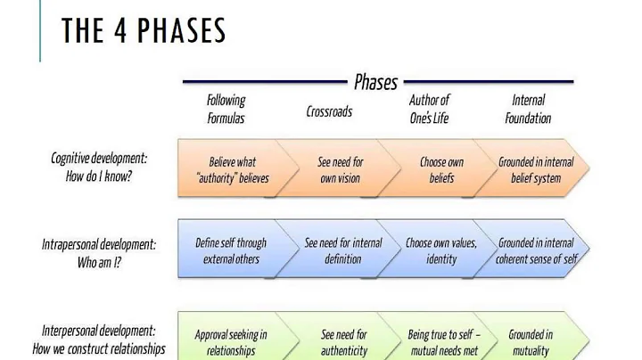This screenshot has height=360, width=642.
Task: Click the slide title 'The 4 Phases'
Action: (x=144, y=31)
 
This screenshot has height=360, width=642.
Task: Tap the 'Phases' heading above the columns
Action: (x=375, y=83)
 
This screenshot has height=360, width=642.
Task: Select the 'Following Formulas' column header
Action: (x=226, y=109)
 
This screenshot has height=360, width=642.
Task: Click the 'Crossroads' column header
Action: (x=329, y=111)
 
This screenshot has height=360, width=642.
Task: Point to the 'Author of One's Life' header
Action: (x=429, y=109)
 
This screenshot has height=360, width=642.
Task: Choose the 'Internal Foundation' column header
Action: (x=528, y=109)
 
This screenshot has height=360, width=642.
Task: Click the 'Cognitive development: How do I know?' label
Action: (x=99, y=167)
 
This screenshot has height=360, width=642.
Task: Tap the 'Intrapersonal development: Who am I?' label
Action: (x=98, y=251)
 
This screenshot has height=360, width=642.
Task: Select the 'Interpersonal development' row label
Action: (x=99, y=340)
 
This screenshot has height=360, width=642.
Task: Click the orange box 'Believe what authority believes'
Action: (x=232, y=170)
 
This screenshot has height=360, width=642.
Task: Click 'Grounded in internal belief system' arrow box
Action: (x=536, y=170)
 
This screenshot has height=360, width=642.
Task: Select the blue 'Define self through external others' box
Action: (x=231, y=250)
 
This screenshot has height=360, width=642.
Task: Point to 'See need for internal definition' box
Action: (x=342, y=250)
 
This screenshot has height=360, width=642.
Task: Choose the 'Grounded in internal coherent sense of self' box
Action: (x=536, y=250)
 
